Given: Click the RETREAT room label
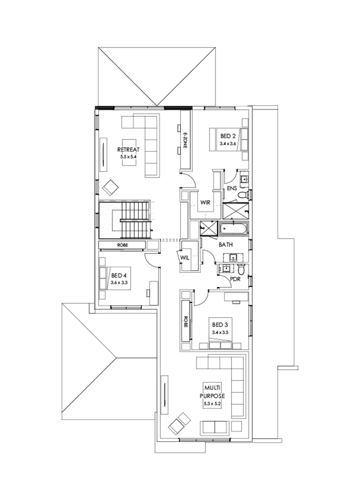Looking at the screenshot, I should coord(128,150).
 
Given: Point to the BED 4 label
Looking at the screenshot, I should coord(119,276).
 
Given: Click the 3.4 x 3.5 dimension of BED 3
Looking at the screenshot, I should coord(220,332).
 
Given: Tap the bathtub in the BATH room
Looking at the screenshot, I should coord(234,230).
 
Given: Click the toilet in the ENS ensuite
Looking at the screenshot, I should coord(242,195).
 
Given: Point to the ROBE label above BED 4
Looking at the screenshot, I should coord(123,245).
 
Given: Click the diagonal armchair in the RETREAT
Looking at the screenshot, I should coord(110,186).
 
